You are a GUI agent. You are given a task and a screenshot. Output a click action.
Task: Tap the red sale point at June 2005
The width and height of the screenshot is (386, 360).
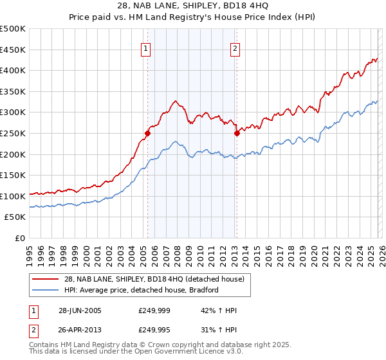coord(147,134)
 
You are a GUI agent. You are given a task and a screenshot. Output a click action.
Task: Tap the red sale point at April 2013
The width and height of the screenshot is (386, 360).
coord(237,134)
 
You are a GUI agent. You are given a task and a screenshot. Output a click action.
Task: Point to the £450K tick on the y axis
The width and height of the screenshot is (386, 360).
coord(13,50)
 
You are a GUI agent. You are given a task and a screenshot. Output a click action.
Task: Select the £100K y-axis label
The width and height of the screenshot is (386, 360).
coord(13,196)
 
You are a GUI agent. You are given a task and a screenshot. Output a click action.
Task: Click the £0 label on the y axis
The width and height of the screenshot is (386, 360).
coord(20,238)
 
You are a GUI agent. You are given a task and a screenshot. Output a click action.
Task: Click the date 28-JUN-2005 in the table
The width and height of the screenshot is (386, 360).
coord(80,310)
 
